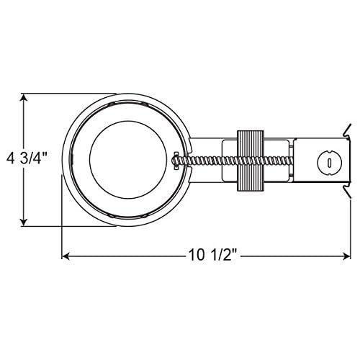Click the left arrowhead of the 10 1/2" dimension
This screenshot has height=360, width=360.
pos(66,256)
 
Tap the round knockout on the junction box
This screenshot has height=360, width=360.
pos(328,162)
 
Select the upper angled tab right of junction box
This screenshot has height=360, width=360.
pos(345,132)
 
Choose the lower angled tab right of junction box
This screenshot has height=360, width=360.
pos(346,192)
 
